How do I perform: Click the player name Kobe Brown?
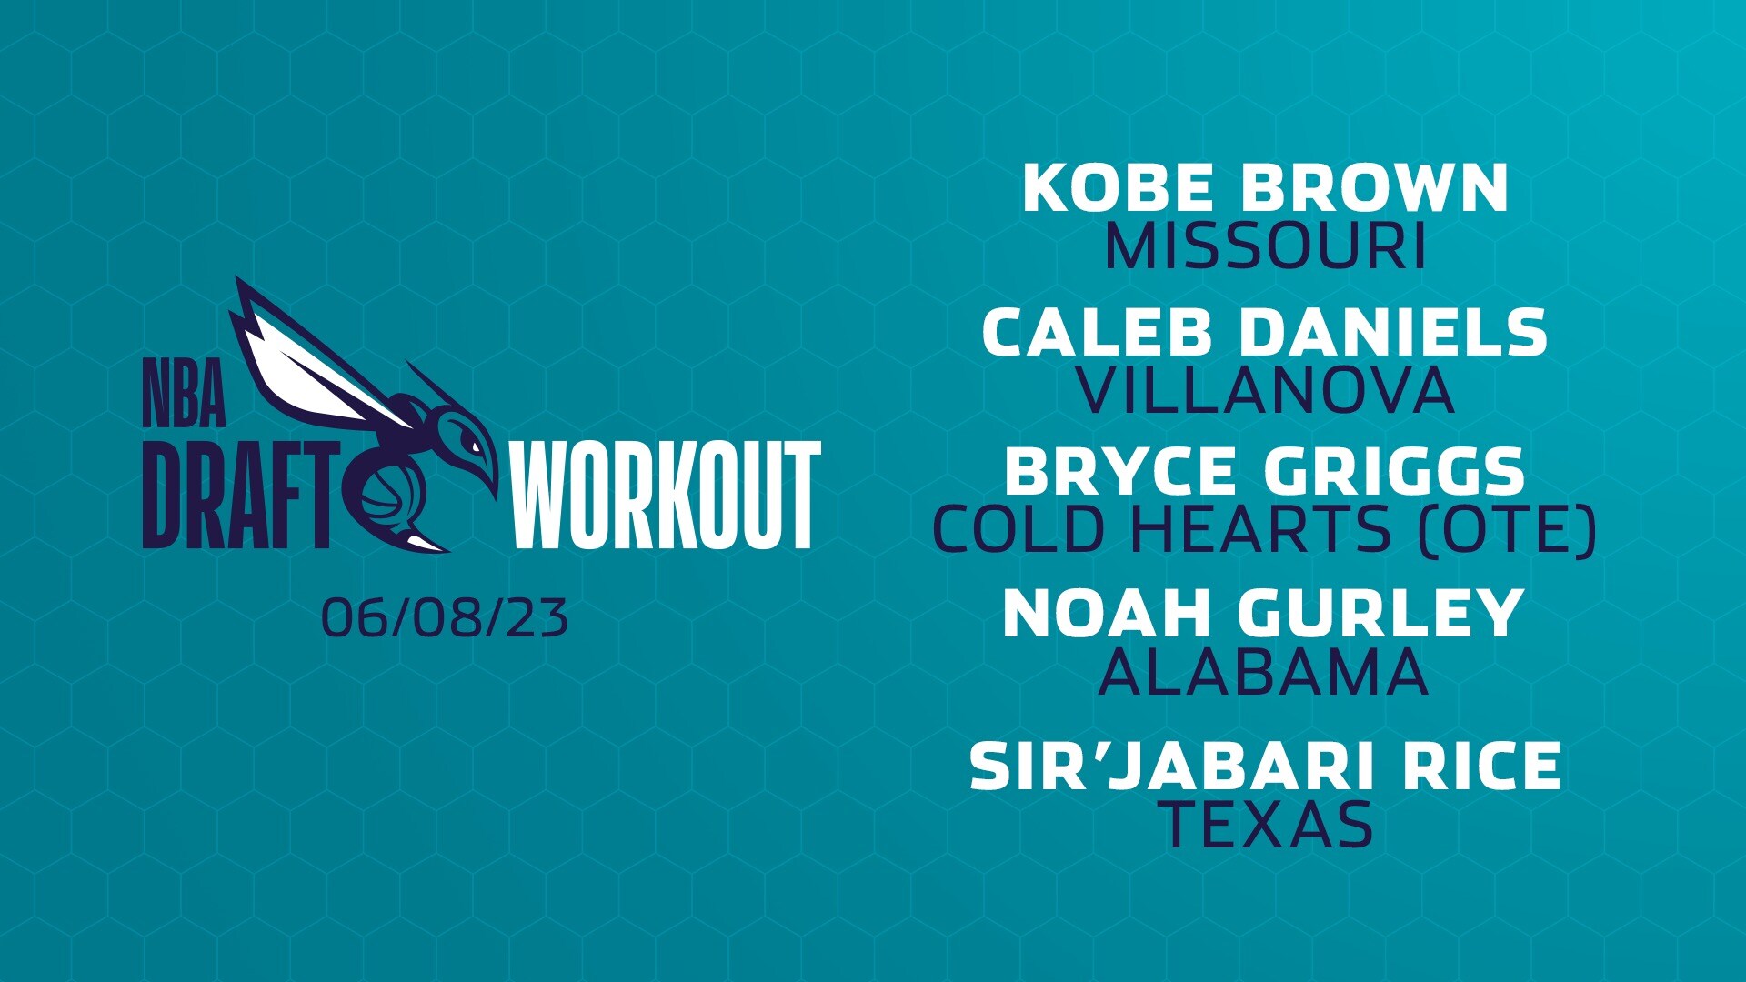click(1264, 188)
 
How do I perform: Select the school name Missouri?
click(1264, 246)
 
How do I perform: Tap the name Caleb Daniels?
click(1264, 332)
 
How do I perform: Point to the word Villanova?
click(1264, 390)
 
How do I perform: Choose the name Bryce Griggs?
click(1264, 471)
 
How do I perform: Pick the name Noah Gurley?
click(1264, 614)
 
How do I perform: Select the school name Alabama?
click(1264, 673)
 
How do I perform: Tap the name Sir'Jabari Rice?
click(1264, 766)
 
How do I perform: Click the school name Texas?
click(1269, 824)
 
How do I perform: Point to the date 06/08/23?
click(445, 618)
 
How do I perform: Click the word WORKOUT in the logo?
click(666, 496)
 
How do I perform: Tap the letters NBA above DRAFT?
click(184, 394)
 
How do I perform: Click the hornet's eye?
click(472, 445)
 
